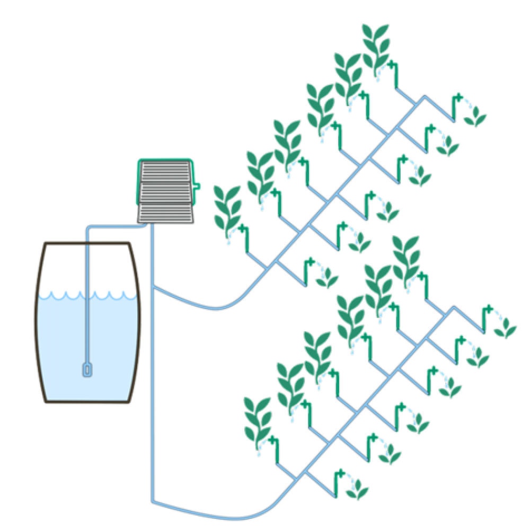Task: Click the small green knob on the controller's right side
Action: pos(196,185)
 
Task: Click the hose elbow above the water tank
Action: pos(87,228)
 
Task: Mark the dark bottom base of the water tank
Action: pos(87,403)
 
